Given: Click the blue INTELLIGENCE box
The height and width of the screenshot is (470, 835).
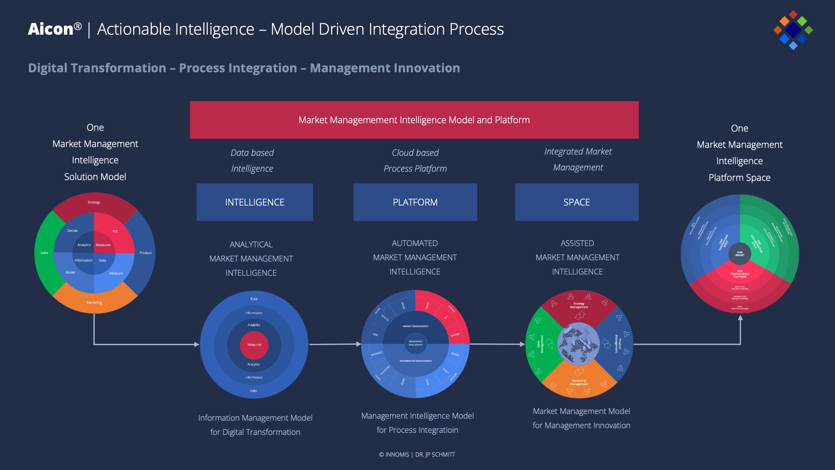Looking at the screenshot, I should tap(255, 202).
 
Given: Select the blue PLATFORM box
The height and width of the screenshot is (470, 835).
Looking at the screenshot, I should tap(415, 202).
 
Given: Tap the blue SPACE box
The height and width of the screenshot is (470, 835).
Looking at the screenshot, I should tap(577, 202).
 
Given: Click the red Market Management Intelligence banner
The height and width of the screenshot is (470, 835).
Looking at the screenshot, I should tap(414, 120).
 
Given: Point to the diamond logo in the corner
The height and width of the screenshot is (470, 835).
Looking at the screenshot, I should tap(793, 30).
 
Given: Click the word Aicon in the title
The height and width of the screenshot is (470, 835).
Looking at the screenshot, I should tap(51, 29).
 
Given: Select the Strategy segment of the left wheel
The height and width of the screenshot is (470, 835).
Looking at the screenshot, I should tap(94, 203).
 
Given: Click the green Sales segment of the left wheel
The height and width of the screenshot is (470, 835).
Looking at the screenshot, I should tap(44, 253).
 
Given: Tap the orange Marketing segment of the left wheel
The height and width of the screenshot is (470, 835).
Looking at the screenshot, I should tap(94, 302).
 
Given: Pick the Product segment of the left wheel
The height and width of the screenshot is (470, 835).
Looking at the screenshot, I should tap(145, 253).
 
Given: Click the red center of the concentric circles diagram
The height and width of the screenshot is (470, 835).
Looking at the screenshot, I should tap(254, 345).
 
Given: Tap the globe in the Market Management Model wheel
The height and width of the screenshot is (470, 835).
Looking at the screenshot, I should tap(579, 343).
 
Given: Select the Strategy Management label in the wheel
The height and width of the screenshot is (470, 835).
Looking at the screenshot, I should tap(579, 305).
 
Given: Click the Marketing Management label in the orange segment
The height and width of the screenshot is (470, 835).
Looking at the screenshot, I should tap(579, 382).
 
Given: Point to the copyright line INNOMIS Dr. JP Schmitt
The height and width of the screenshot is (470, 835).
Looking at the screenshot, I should tap(417, 455).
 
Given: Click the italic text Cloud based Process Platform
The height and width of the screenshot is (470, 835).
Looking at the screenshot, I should tap(415, 160).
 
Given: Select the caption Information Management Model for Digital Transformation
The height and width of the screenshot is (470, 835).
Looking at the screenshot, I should tap(255, 425).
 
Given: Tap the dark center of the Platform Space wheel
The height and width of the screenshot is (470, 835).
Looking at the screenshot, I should tap(739, 253).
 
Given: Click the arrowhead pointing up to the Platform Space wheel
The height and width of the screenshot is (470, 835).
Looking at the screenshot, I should tap(740, 318).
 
